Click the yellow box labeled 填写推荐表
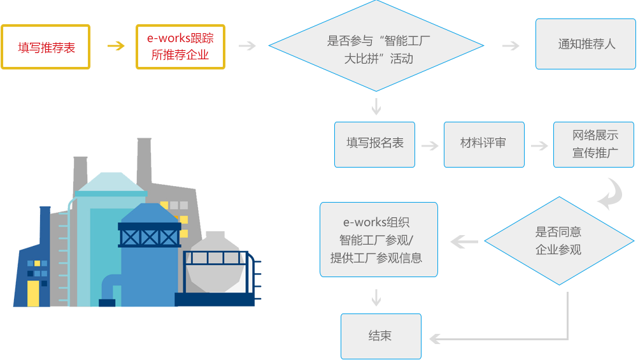[x=46, y=47]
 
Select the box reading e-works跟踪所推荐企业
[x=180, y=47]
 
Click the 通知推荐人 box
[x=586, y=44]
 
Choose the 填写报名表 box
[x=374, y=144]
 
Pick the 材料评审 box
[x=484, y=144]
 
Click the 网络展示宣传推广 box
[x=593, y=144]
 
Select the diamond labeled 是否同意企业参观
[x=559, y=241]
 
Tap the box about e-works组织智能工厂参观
[x=379, y=240]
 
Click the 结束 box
[x=381, y=336]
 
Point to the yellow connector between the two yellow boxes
[x=116, y=46]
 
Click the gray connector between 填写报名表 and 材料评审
[x=430, y=146]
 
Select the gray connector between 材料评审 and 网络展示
[x=539, y=146]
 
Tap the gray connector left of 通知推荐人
[x=511, y=46]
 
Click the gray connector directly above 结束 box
[x=376, y=298]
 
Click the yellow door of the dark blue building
[x=33, y=293]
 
